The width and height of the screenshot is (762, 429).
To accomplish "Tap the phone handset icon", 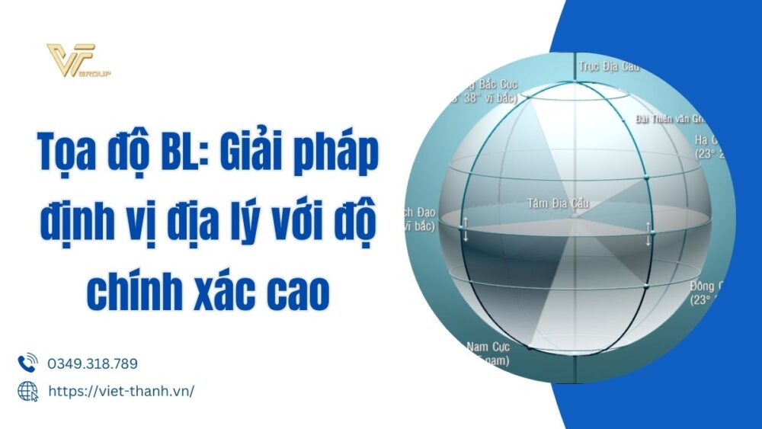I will pos(27,363).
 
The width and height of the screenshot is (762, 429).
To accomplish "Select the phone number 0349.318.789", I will pos(93,364).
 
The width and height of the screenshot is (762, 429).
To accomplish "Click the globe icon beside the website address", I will pos(27,391).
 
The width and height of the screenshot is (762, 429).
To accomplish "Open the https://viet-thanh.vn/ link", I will pos(121,391).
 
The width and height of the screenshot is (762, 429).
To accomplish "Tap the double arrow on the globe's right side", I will pos(648,233).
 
